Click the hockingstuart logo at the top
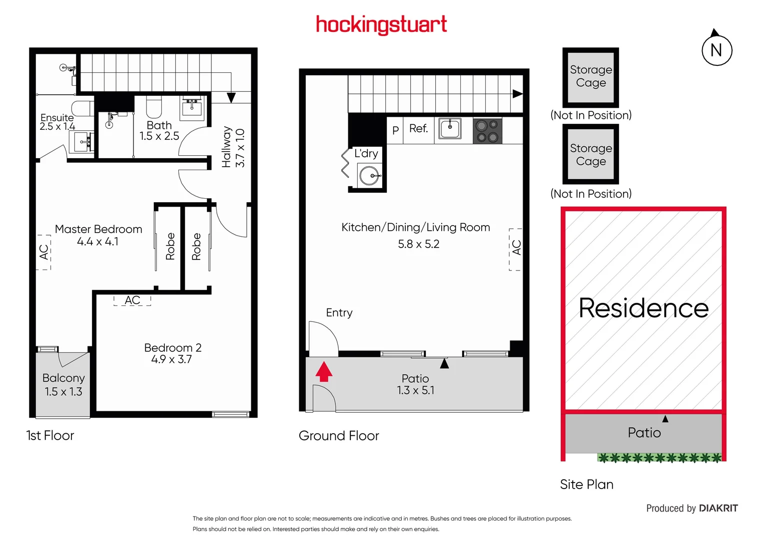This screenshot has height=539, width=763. tap(381, 24)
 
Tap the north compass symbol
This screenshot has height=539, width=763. tap(717, 50)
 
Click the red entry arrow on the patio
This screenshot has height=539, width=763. tap(324, 371)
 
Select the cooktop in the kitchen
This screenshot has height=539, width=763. tap(487, 131)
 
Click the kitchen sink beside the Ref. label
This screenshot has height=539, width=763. tap(450, 128)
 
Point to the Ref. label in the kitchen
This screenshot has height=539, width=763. tap(419, 129)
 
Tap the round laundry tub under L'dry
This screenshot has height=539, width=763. tap(369, 176)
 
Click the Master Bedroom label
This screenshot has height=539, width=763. tap(98, 229)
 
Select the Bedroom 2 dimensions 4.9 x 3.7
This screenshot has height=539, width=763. tap(171, 359)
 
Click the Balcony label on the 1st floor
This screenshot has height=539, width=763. tap(63, 378)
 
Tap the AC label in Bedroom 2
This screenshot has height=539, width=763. tap(132, 300)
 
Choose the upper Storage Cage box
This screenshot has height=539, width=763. tap(591, 76)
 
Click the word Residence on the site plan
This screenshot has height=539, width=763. tap(644, 308)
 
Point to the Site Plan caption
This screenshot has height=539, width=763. tap(587, 484)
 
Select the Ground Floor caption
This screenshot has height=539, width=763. tap(339, 436)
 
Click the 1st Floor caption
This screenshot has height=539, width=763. tap(50, 435)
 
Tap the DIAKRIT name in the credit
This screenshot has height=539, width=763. tap(718, 508)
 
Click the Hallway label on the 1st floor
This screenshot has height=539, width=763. tap(226, 147)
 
